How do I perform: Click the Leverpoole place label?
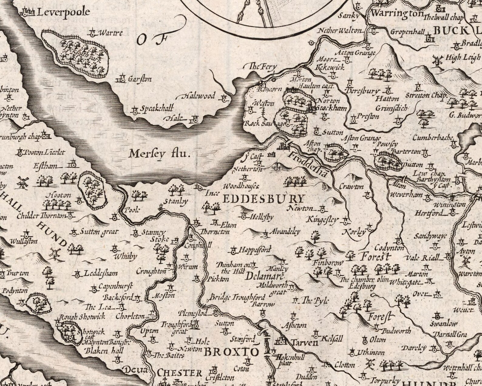point(63,12)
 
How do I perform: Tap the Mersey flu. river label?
point(160,154)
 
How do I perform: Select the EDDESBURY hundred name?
point(263,199)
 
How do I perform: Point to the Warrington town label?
point(397,14)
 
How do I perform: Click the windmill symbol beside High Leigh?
point(437,60)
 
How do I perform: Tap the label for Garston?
point(140,79)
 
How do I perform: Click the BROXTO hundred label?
point(231,352)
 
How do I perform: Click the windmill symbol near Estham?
point(23,182)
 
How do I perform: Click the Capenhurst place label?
point(116,286)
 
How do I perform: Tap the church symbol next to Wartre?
point(93,32)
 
